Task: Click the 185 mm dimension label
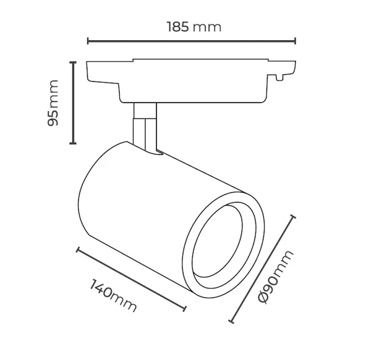pos(194,27)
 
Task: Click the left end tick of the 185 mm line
pos(88,41)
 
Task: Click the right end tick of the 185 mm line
pos(295,41)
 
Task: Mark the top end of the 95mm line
pos(74,62)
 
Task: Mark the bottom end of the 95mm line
pos(74,143)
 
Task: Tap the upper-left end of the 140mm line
pos(78,250)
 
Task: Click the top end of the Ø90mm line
pos(294,218)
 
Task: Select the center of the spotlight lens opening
pos(219,245)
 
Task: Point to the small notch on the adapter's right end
pos(281,78)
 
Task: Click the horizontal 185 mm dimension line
pos(192,41)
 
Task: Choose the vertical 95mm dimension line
pos(74,103)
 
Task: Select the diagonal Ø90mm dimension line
pos(263,270)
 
